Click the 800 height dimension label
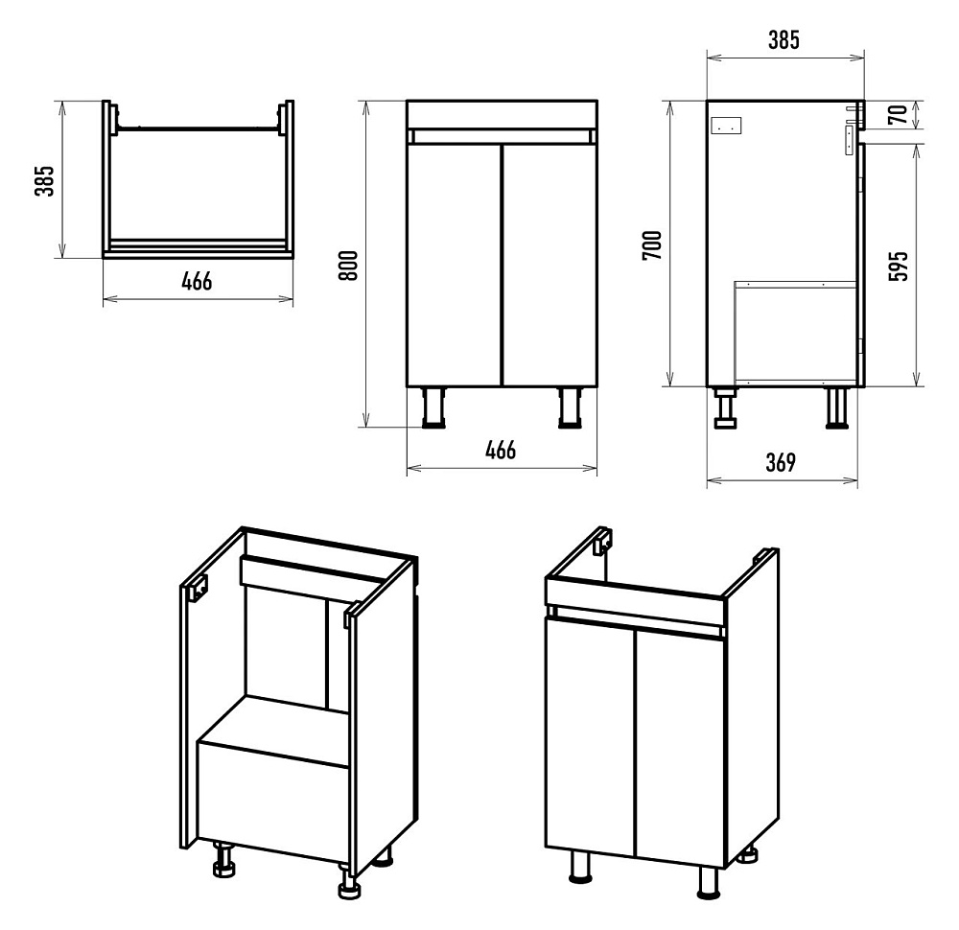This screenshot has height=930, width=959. point(349,265)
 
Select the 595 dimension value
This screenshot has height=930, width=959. point(898,266)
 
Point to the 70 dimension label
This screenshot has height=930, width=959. point(898,115)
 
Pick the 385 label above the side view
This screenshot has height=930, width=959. point(783,40)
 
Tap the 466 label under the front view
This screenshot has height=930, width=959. point(501,450)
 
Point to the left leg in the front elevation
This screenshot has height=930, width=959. point(434,407)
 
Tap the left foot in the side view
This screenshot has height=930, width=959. point(725,409)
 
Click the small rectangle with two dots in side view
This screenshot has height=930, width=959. point(727,125)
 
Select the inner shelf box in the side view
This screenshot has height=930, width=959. point(794,331)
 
